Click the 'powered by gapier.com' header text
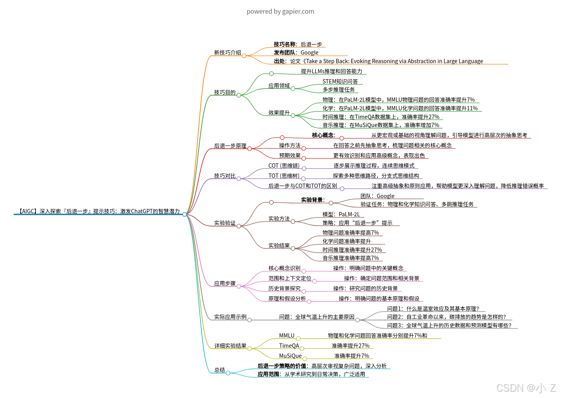point(280,11)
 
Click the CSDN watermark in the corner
point(526,387)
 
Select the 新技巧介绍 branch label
point(228,53)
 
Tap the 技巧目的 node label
point(225,92)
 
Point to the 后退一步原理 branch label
point(230,146)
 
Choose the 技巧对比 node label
point(225,176)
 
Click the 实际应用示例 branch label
point(230,317)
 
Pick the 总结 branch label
point(220,370)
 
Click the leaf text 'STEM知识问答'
point(340,81)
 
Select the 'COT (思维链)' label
point(284,166)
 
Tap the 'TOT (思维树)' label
point(284,176)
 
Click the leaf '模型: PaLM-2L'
point(341,214)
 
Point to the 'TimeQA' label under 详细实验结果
point(289,346)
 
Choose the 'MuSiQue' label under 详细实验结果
point(290,356)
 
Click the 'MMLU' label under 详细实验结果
point(287,336)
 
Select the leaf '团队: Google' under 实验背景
point(377,196)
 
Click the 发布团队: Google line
point(296,53)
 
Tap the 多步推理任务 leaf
point(339,90)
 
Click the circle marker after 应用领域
point(293,88)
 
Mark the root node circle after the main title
point(185,214)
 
